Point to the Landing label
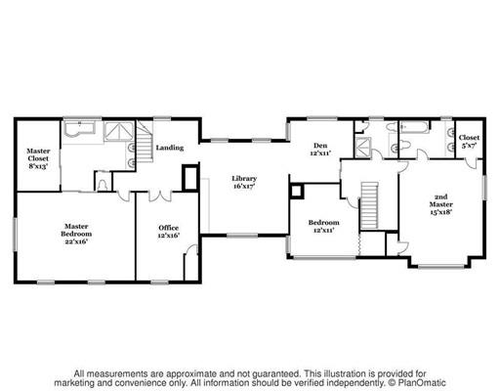(x=171, y=148)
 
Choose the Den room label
(x=321, y=150)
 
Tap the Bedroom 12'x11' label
(x=322, y=224)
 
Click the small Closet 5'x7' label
(x=469, y=143)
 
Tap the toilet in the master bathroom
(x=104, y=182)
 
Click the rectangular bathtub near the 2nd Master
(x=411, y=128)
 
